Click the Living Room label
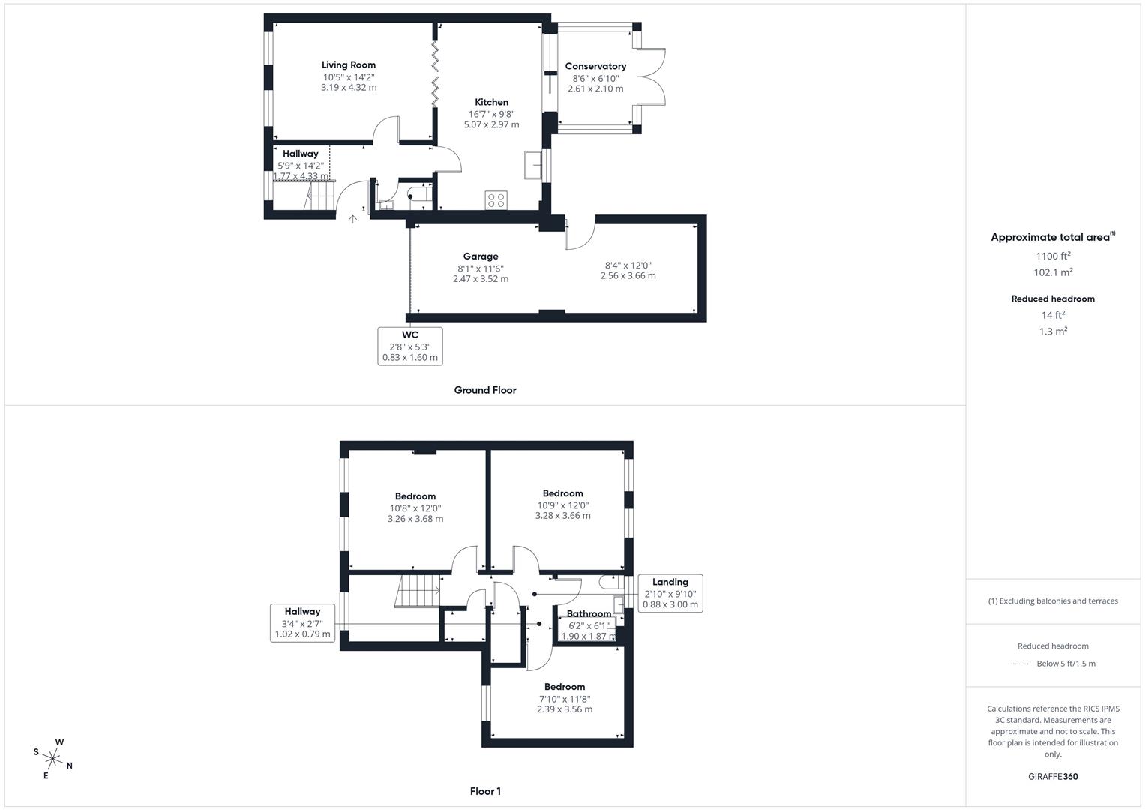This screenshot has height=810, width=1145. [349, 65]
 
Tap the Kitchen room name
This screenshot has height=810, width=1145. [491, 103]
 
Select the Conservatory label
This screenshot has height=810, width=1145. [595, 67]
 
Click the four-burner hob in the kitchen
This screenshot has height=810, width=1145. [496, 200]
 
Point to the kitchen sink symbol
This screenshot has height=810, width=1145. [534, 165]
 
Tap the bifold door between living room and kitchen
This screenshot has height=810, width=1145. [434, 72]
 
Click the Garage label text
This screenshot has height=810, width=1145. [481, 256]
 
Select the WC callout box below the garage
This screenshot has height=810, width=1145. [410, 346]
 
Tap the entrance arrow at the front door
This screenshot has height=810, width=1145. [353, 219]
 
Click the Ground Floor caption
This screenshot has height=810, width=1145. [485, 390]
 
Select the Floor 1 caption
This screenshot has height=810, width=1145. [485, 791]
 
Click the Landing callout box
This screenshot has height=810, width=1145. [670, 593]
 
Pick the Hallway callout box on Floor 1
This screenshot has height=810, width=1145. [302, 622]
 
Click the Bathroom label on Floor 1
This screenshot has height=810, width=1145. [589, 614]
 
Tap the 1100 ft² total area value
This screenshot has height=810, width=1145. [1053, 256]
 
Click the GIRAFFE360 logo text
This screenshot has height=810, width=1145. [1053, 776]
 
